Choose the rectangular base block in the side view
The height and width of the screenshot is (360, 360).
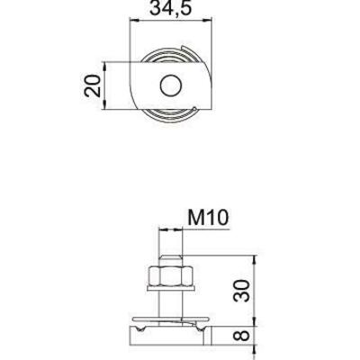[x=169, y=337]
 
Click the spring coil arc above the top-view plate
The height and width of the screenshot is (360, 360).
[x=169, y=56]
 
